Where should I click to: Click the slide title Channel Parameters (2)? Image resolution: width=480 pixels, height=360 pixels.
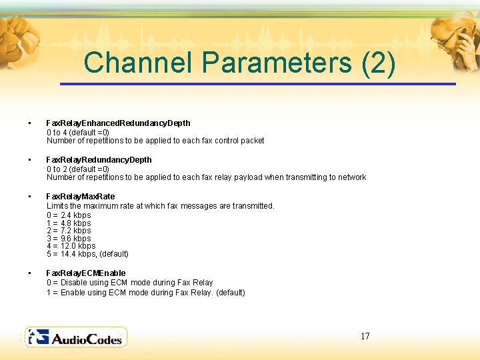click(240, 63)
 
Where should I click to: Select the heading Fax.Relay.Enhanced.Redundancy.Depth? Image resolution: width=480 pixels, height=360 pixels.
click(118, 123)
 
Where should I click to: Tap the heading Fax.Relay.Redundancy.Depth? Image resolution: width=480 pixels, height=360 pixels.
click(99, 160)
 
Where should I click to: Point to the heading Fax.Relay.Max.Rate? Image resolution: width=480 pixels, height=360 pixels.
click(80, 197)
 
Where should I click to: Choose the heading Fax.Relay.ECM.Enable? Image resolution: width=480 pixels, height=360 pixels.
click(85, 273)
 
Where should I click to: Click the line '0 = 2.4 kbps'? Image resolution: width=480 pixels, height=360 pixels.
click(69, 215)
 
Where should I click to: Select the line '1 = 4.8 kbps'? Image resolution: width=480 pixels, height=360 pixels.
click(69, 223)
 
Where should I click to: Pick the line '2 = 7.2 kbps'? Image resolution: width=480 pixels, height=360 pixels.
click(69, 231)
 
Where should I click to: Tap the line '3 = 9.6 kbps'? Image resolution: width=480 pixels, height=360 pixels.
click(69, 239)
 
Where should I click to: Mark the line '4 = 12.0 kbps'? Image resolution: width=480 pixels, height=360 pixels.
click(71, 246)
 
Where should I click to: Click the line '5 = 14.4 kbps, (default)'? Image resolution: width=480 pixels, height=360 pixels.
click(87, 254)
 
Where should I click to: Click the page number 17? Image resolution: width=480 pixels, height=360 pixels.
click(365, 336)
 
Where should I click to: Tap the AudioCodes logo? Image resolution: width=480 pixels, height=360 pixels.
click(75, 337)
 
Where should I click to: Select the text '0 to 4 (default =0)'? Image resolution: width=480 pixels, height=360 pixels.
click(78, 132)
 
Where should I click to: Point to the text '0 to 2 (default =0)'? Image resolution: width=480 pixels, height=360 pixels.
click(78, 169)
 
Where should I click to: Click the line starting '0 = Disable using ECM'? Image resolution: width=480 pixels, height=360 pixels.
click(129, 283)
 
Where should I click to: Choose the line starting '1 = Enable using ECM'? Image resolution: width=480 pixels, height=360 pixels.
click(145, 293)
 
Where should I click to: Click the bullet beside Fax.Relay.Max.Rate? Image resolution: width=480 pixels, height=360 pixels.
click(29, 197)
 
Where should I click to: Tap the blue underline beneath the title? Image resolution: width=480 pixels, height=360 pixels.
click(257, 84)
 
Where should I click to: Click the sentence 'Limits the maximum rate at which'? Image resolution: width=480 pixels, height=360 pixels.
click(160, 206)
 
